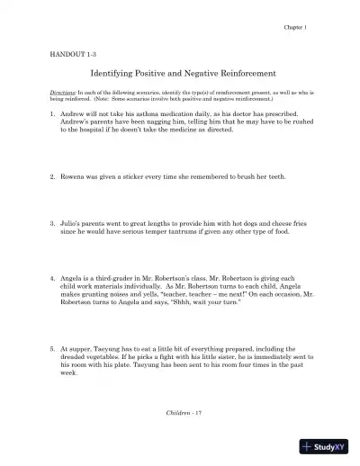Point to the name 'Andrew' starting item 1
(74, 115)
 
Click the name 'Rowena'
(75, 176)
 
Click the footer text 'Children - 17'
(180, 409)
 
